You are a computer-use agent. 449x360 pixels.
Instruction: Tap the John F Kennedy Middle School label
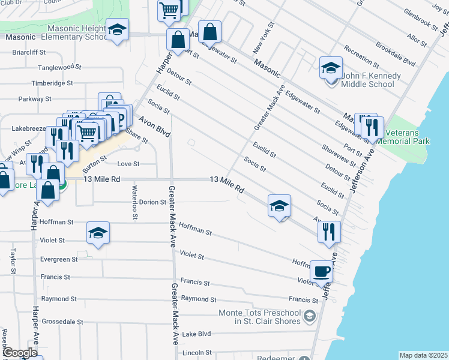pyautogui.click(x=368, y=80)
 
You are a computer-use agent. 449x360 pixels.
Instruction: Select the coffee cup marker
pyautogui.click(x=321, y=272)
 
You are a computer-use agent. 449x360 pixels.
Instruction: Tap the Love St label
pyautogui.click(x=128, y=164)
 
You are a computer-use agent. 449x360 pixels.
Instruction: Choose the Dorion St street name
pyautogui.click(x=152, y=202)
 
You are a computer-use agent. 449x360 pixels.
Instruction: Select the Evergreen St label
pyautogui.click(x=59, y=260)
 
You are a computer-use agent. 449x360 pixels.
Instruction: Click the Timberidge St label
pyautogui.click(x=53, y=83)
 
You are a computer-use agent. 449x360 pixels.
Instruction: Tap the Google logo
pyautogui.click(x=20, y=353)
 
